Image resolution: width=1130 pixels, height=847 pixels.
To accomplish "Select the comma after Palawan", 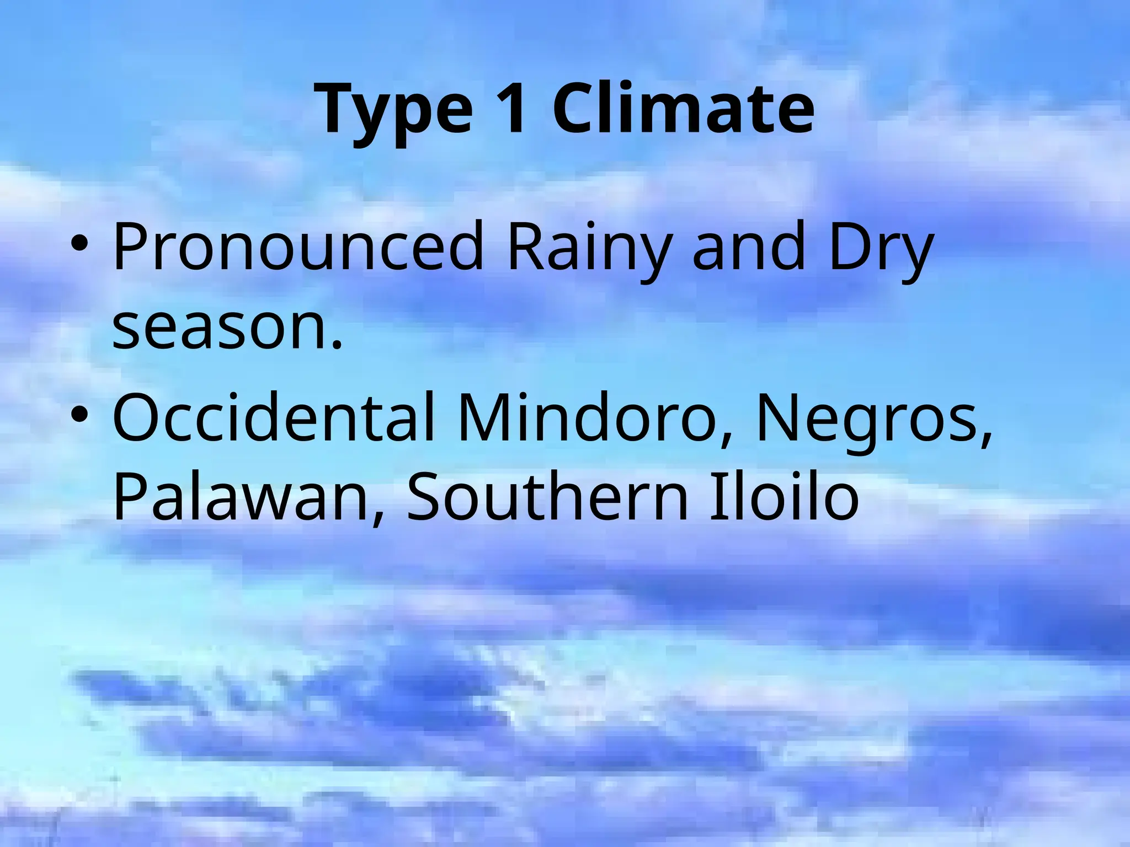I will tap(377, 518).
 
